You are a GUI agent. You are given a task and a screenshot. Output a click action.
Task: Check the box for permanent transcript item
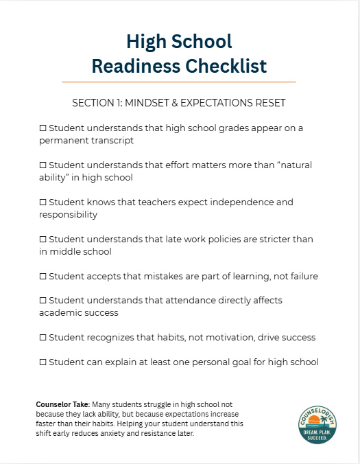43,128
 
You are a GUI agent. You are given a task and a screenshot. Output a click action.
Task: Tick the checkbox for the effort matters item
43,165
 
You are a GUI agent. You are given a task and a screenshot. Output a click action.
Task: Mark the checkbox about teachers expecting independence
43,202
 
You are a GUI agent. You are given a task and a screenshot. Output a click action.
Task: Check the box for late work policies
43,240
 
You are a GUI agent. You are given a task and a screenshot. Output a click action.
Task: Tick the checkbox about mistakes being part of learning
43,276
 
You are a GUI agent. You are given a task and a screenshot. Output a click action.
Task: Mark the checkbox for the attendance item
43,301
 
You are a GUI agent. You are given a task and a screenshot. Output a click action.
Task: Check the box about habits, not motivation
43,338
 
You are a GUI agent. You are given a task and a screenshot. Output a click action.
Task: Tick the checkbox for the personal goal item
43,362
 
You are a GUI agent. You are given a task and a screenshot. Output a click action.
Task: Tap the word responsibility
69,215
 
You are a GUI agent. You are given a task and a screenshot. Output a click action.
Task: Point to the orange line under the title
179,82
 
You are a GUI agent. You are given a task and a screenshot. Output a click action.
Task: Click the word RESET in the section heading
270,103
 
